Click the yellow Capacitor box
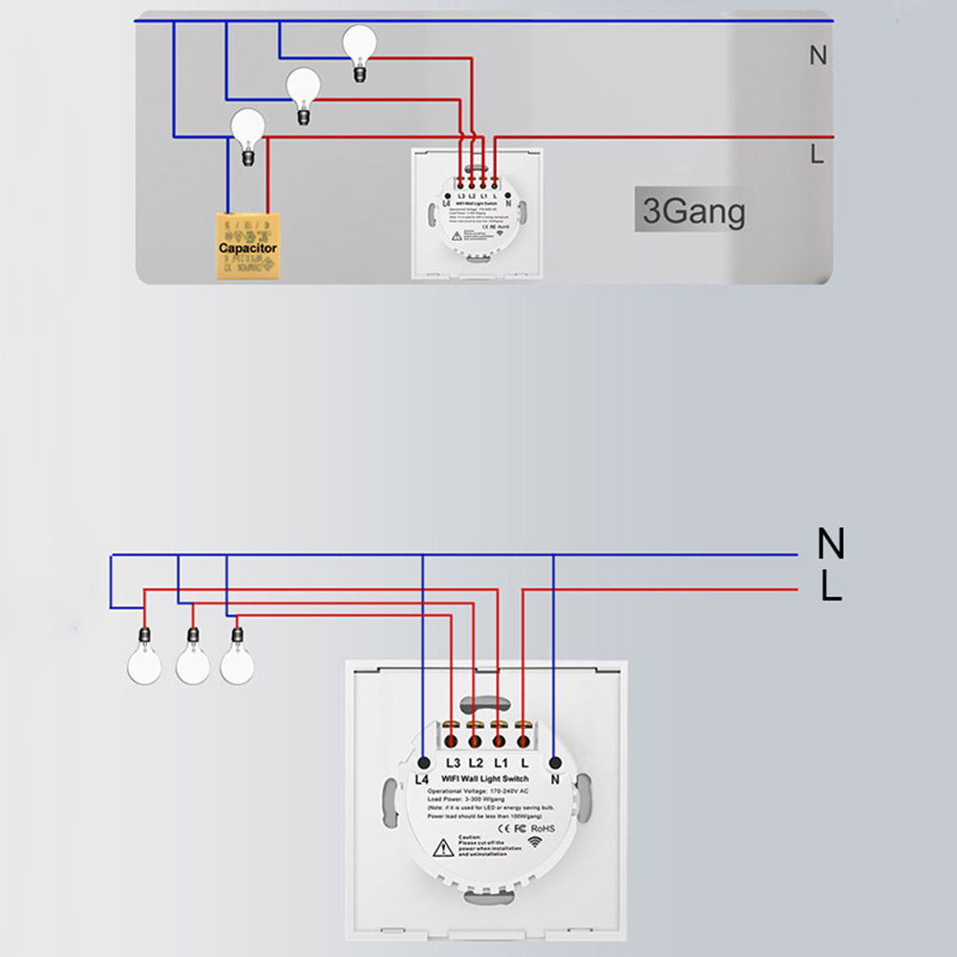pos(247,247)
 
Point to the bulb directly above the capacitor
pos(248,128)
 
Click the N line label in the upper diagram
pos(818,55)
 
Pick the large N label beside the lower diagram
pos(831,544)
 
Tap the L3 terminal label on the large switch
pos(454,763)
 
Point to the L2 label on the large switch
pos(477,763)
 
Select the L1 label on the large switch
pos(500,763)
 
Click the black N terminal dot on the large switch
pos(554,762)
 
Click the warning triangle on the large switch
pos(443,847)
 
